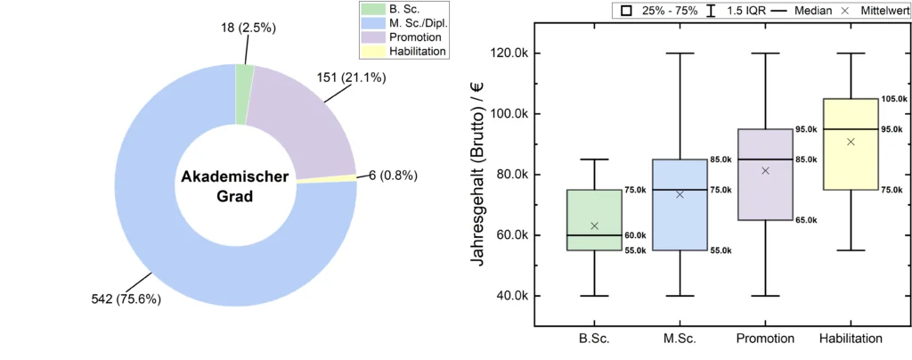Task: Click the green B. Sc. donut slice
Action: pyautogui.click(x=244, y=81)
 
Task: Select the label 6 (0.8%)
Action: pyautogui.click(x=393, y=175)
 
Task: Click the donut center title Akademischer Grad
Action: pyautogui.click(x=235, y=186)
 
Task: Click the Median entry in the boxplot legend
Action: pyautogui.click(x=793, y=11)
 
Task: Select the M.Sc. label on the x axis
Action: pyautogui.click(x=680, y=339)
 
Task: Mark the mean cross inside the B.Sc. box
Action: pyautogui.click(x=595, y=226)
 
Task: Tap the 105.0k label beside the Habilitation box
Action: pyautogui.click(x=894, y=99)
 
